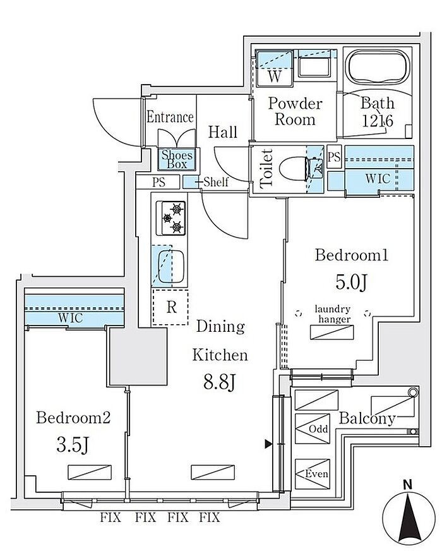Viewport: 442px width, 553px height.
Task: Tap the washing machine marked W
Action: click(275, 68)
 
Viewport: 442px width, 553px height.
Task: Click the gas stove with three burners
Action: click(171, 218)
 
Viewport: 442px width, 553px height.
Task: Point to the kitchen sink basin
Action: click(170, 266)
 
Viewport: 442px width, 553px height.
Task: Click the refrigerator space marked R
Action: click(170, 307)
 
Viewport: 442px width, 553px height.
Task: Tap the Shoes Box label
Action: click(177, 159)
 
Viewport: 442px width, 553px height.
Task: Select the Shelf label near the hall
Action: click(216, 182)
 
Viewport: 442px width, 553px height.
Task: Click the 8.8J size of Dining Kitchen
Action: click(219, 382)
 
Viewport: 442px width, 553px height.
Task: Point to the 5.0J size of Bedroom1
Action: click(352, 281)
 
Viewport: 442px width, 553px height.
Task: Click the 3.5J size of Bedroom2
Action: click(73, 444)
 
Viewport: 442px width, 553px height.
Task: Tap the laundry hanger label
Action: click(333, 314)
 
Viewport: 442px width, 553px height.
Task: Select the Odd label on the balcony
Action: click(318, 429)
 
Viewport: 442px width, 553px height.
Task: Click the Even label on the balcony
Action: click(316, 473)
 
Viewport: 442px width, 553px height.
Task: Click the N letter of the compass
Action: click(408, 485)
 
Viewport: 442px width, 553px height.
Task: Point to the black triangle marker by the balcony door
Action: click(268, 444)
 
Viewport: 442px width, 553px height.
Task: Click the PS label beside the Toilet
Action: click(334, 156)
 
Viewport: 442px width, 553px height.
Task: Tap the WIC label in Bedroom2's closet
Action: click(71, 318)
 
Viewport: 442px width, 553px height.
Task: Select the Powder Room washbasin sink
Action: click(314, 67)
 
